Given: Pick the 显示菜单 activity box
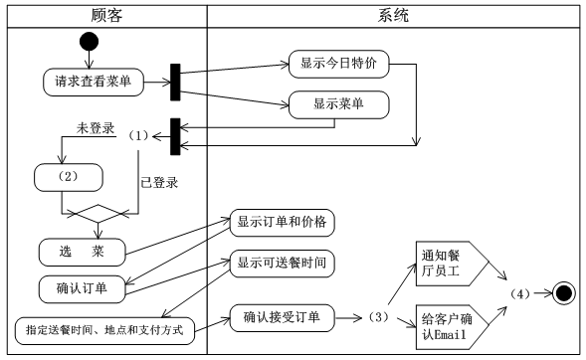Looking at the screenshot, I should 338,103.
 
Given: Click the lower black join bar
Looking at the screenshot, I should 175,136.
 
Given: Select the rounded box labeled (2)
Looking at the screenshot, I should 70,177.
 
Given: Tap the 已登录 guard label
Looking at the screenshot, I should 159,182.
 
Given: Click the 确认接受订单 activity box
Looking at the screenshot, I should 282,318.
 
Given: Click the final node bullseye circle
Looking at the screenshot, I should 564,294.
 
